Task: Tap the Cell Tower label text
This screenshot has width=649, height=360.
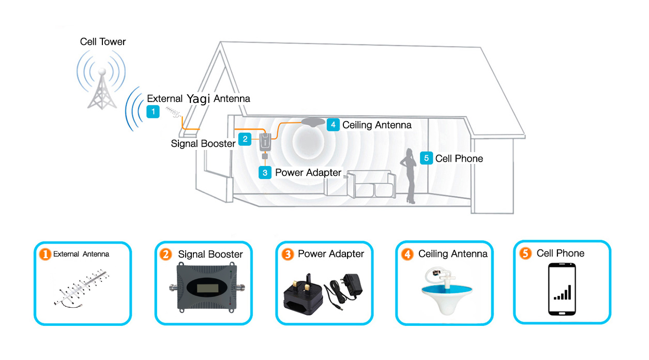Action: tap(103, 42)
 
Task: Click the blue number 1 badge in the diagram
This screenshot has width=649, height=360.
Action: tap(153, 112)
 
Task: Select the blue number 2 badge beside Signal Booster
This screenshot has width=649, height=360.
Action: tap(245, 139)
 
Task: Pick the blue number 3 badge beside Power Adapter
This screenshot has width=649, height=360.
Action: tap(265, 173)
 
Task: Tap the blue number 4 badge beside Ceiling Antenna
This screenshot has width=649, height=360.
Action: tap(333, 125)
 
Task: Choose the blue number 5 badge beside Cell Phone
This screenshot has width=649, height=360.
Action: tap(426, 158)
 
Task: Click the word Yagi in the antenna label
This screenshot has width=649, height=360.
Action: tap(198, 99)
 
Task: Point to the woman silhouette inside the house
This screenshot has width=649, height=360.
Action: tap(409, 176)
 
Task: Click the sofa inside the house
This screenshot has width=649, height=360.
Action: tap(371, 184)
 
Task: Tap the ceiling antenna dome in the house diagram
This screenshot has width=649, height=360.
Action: tap(313, 122)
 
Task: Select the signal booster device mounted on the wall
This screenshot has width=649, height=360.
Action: tap(265, 142)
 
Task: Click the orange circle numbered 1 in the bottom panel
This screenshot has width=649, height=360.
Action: tap(45, 254)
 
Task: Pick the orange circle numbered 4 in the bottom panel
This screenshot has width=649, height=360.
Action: tap(407, 254)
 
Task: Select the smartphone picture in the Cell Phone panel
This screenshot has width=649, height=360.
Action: tap(562, 289)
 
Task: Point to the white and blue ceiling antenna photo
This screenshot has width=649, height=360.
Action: tap(446, 291)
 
